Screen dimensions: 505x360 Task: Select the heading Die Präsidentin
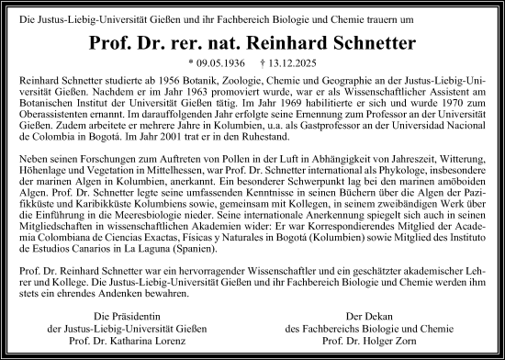[x=109, y=318]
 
